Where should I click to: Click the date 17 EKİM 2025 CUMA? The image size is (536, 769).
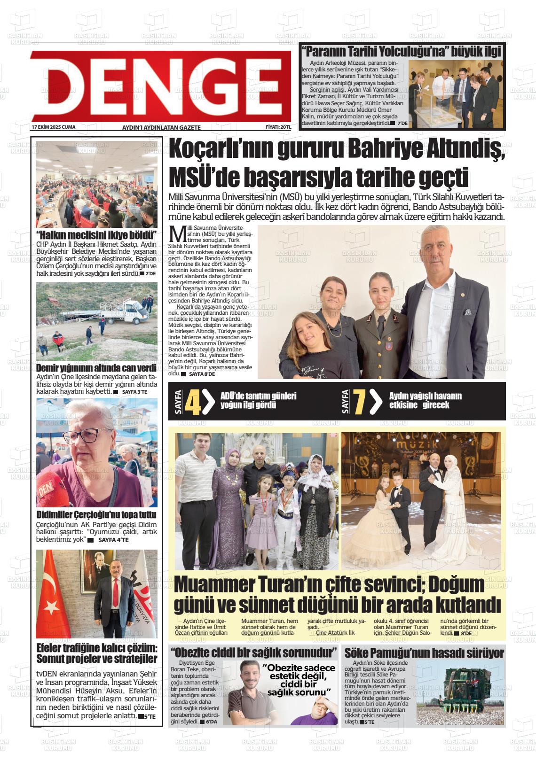point(53,127)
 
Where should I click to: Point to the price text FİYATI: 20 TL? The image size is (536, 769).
point(278,127)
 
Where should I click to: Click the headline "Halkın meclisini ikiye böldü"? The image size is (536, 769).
point(96,235)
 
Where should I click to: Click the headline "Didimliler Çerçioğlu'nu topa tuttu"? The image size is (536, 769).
point(96,514)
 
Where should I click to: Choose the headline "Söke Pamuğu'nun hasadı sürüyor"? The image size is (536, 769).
point(424,652)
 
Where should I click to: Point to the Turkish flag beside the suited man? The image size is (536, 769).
point(54,597)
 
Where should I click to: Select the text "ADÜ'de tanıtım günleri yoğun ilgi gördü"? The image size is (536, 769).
point(258,400)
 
